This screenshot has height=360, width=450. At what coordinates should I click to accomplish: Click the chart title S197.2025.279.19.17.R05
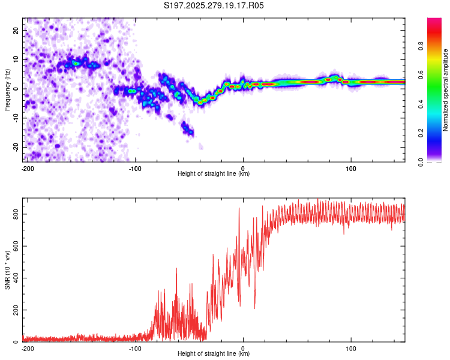pos(214,5)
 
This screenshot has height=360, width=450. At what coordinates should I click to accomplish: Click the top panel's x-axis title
pos(214,174)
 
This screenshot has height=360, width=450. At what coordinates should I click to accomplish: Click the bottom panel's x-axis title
pos(214,354)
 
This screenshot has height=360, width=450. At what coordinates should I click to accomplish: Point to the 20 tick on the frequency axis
pos(16,30)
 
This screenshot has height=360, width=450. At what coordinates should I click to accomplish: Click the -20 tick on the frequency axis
pos(15,147)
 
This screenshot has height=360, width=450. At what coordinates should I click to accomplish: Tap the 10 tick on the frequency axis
pos(16,59)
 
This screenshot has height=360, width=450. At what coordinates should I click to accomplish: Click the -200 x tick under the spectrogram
pos(26,167)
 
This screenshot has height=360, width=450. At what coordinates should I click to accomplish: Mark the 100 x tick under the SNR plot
pos(351,347)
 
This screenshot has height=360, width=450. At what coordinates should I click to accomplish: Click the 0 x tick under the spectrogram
pos(243,167)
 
